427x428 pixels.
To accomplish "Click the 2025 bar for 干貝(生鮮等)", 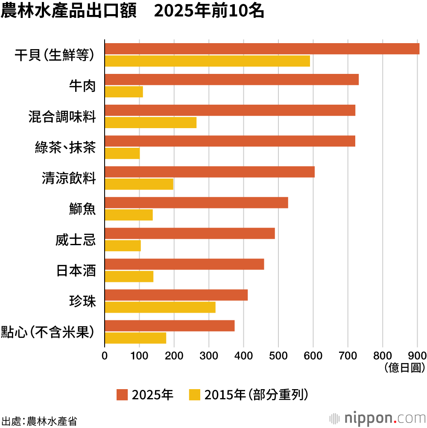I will [x=262, y=49].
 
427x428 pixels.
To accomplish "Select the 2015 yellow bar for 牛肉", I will [x=123, y=92].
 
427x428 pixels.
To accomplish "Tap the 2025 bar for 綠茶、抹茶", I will [x=230, y=141].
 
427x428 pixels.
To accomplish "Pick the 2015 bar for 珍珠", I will [x=160, y=307].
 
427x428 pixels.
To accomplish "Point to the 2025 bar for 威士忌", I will [x=190, y=233].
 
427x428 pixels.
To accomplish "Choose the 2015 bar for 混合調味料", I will [x=150, y=123].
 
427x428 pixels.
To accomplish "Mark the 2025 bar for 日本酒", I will [x=184, y=264].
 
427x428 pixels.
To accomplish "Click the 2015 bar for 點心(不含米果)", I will [x=135, y=338].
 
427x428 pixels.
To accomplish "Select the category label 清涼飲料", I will [x=69, y=178].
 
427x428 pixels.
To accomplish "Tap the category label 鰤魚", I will [x=82, y=209].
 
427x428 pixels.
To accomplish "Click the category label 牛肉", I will [x=82, y=86].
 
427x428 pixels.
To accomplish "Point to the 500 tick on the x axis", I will [x=278, y=355].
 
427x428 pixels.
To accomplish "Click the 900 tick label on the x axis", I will [x=417, y=355].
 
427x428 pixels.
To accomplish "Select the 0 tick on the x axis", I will [x=105, y=355].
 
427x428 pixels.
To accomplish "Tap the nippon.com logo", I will [x=377, y=417].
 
